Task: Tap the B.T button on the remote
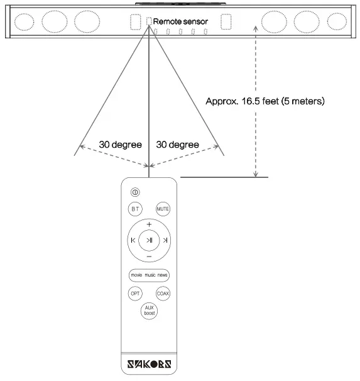tap(135, 209)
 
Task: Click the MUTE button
tap(163, 209)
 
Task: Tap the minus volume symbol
tap(149, 257)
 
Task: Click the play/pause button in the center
tap(149, 240)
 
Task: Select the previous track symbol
tap(133, 240)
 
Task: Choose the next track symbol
tap(165, 240)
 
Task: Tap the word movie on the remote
tap(136, 275)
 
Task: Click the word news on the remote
tap(162, 275)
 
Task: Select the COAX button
tap(163, 293)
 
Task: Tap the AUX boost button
tap(149, 311)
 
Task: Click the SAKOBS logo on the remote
tap(150, 364)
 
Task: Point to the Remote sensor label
tap(180, 21)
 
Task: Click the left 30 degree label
tap(121, 145)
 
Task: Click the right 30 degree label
tap(178, 145)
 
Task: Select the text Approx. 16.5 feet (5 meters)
tap(265, 101)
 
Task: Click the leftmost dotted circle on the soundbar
tap(24, 22)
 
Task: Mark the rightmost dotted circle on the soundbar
tap(337, 21)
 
